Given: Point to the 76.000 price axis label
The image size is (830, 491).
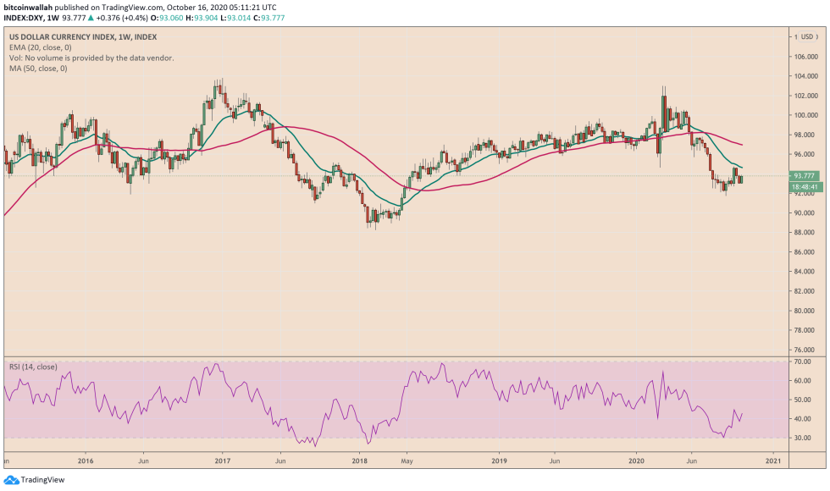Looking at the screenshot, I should pyautogui.click(x=804, y=350).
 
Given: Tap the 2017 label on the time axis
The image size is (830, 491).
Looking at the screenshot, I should pyautogui.click(x=223, y=461).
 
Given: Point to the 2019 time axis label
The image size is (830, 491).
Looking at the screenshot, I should pyautogui.click(x=499, y=461).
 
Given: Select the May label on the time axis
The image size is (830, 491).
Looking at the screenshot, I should pyautogui.click(x=407, y=461).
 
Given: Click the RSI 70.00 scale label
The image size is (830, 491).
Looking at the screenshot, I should pyautogui.click(x=802, y=361).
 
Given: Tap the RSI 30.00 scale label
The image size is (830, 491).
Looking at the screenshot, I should pyautogui.click(x=802, y=438).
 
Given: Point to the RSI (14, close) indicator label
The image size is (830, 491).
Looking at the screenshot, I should pyautogui.click(x=33, y=367).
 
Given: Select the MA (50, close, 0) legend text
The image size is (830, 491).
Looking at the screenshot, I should pyautogui.click(x=38, y=68).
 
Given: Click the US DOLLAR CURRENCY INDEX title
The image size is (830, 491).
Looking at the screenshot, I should pyautogui.click(x=58, y=36).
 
